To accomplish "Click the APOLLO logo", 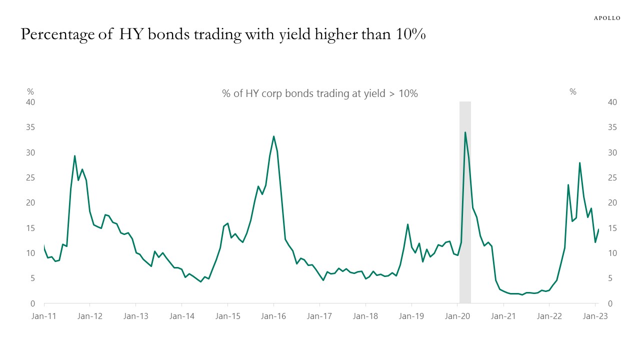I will [x=606, y=18].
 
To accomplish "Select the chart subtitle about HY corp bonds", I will [x=319, y=93].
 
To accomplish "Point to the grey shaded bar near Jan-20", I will [x=465, y=202].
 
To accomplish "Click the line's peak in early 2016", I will [x=273, y=136].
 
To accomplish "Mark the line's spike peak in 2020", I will [x=465, y=132].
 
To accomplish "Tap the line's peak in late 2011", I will [x=74, y=156].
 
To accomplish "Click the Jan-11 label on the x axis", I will [x=44, y=316].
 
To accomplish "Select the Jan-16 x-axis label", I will [x=273, y=316].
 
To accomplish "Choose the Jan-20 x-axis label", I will [x=457, y=316].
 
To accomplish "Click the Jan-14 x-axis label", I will [x=181, y=316].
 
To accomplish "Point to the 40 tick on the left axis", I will [x=30, y=102].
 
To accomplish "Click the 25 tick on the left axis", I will [x=30, y=177].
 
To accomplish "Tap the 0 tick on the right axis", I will [x=610, y=303].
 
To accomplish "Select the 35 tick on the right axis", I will [x=612, y=127].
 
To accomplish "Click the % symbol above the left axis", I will [x=30, y=91].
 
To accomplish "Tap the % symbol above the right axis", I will [x=573, y=91].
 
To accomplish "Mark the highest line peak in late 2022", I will [x=579, y=163].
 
